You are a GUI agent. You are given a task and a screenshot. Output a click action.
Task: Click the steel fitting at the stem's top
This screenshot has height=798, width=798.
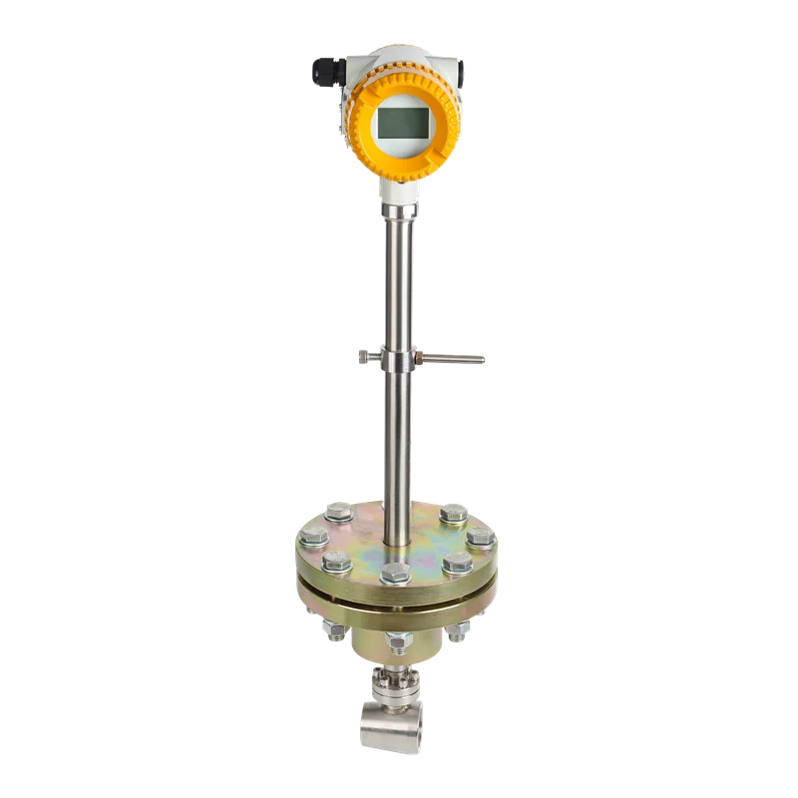tap(399, 212)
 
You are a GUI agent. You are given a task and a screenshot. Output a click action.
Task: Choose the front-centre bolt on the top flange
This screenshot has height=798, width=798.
tap(396, 574)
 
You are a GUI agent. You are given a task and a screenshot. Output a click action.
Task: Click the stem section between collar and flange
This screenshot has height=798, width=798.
tap(399, 439)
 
